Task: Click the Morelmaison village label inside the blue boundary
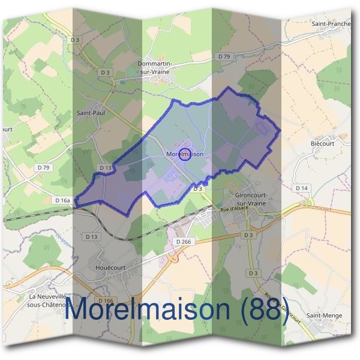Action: click(x=184, y=154)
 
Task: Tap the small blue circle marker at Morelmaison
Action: click(x=185, y=154)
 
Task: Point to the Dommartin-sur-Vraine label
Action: click(x=155, y=67)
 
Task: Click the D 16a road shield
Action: click(x=62, y=200)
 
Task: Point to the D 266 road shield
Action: click(x=183, y=241)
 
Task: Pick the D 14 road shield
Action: click(x=302, y=188)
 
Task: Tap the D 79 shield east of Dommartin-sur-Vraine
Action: click(x=224, y=56)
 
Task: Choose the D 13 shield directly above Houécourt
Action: click(x=91, y=237)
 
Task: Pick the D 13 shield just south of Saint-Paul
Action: click(x=106, y=168)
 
